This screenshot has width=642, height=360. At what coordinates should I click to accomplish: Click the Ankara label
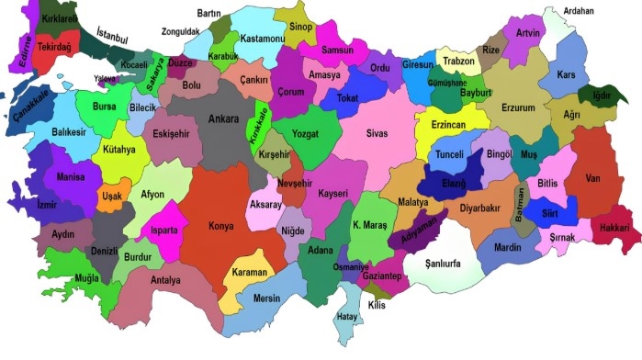[224, 118]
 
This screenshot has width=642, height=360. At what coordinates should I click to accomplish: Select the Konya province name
[221, 226]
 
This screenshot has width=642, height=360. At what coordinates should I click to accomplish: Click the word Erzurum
[517, 107]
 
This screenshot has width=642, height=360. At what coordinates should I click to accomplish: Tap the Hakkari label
[614, 226]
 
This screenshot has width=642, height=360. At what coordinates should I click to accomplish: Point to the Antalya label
[165, 280]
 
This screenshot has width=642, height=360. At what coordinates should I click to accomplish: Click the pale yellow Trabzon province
[458, 61]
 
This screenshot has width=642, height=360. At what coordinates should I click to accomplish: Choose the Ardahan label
[579, 12]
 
